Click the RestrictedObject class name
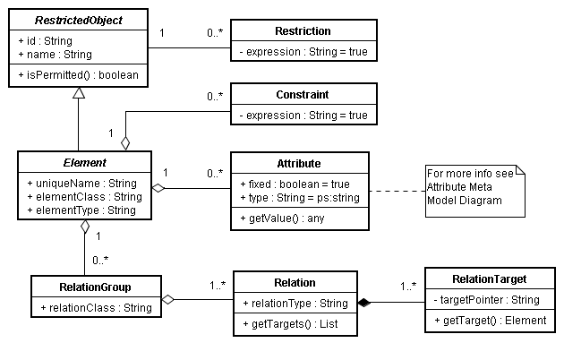coord(79,19)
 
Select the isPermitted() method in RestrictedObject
coord(79,75)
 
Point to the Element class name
coord(84,163)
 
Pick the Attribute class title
coord(299,164)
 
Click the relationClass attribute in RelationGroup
coord(95,308)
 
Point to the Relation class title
coord(295,283)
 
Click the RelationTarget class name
coord(489,279)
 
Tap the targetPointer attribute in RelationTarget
coord(489,300)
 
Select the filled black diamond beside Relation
coord(364,304)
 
